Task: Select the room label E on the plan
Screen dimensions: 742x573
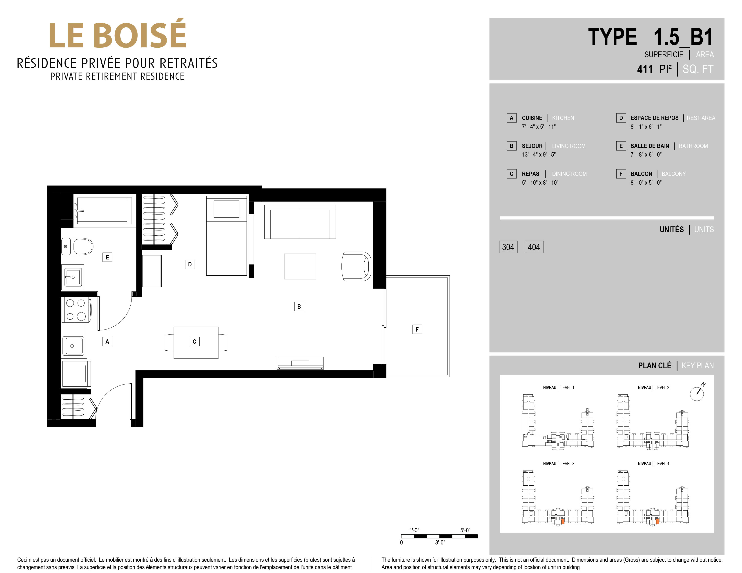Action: point(107,257)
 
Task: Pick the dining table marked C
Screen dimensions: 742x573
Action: point(196,343)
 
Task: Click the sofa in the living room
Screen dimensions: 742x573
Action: point(300,222)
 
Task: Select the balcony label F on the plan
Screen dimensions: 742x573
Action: point(417,329)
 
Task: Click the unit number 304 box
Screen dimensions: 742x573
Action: point(508,247)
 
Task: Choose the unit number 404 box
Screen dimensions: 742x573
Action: point(534,247)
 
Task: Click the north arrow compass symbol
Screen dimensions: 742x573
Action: point(697,393)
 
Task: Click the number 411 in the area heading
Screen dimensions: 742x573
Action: point(645,69)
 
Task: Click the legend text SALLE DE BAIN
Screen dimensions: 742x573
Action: point(650,146)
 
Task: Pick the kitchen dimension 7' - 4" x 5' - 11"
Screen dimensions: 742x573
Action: point(539,127)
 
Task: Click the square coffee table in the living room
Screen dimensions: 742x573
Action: point(300,266)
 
